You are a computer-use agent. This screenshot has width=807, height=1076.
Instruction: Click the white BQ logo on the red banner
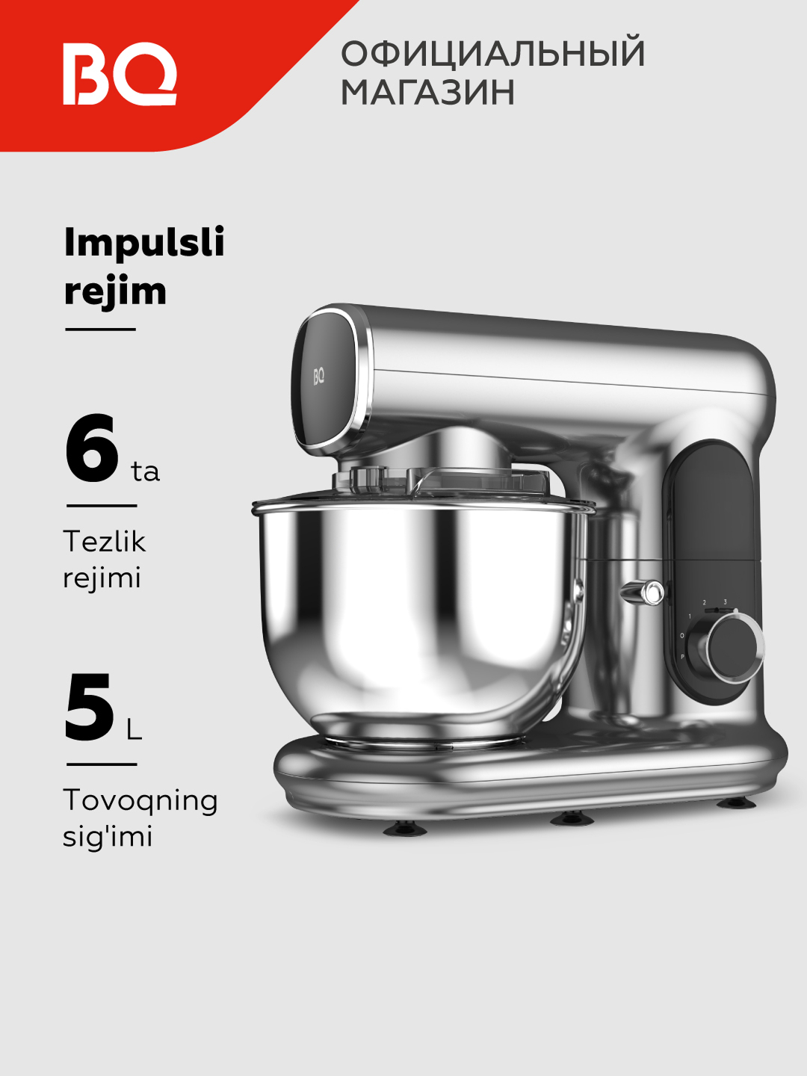click(x=120, y=74)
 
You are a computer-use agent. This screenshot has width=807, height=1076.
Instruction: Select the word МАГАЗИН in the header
click(x=427, y=91)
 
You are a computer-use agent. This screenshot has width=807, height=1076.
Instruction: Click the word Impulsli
click(x=144, y=243)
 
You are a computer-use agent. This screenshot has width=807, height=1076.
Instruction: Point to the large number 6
click(x=92, y=448)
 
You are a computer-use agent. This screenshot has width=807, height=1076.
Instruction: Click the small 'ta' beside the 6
click(x=145, y=471)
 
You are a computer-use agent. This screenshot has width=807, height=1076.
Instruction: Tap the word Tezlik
click(x=105, y=542)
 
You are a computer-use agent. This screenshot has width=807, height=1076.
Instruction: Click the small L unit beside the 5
click(x=134, y=730)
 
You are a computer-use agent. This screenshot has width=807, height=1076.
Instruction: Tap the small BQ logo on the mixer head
click(x=319, y=377)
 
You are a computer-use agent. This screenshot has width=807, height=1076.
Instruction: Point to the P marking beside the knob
click(x=682, y=656)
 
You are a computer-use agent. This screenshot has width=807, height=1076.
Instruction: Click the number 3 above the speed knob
click(x=725, y=602)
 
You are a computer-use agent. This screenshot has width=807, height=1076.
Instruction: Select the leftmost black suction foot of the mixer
click(x=405, y=829)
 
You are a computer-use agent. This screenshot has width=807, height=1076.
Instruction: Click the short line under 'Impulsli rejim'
click(x=100, y=330)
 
